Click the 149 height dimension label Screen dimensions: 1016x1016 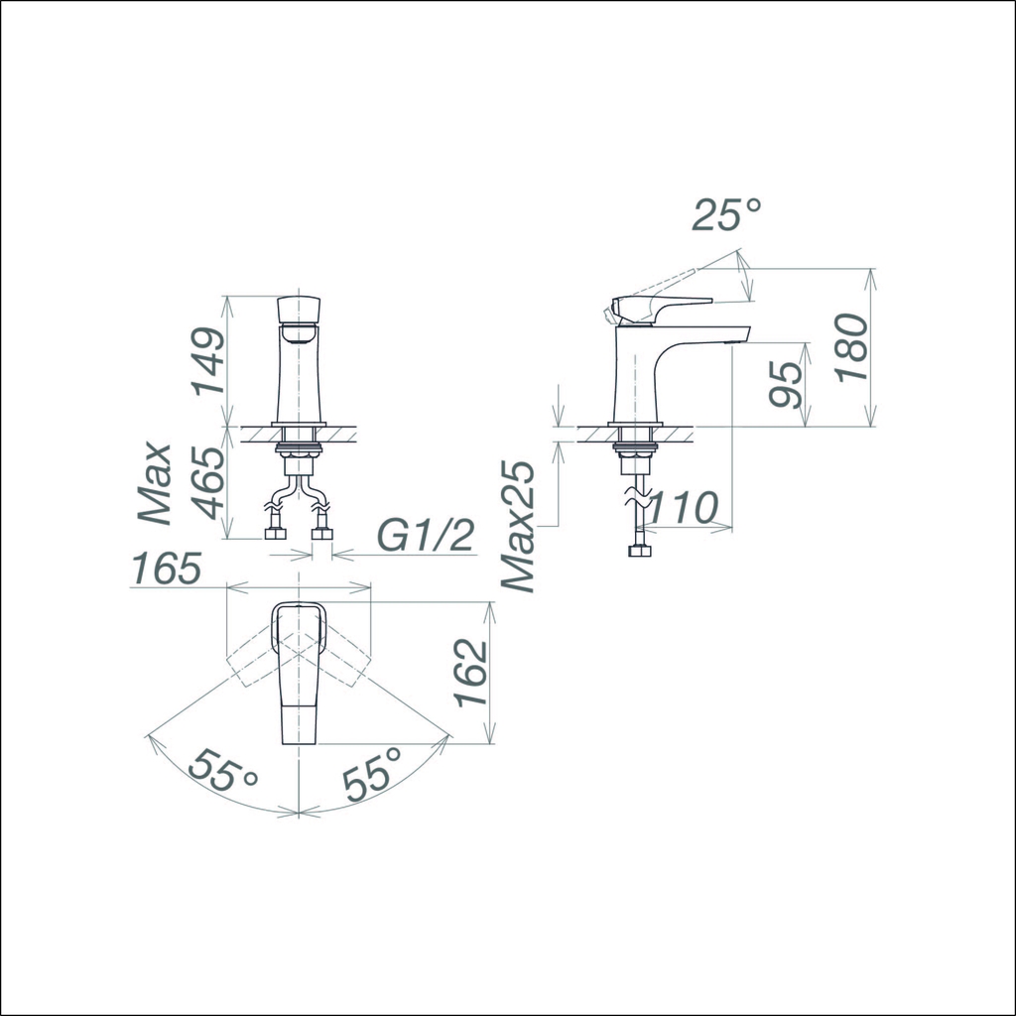tap(207, 361)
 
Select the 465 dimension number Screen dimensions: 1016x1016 tap(208, 482)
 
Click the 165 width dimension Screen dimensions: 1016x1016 tap(167, 568)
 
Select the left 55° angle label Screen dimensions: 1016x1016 tap(223, 770)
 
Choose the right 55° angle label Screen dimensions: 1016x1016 tap(372, 773)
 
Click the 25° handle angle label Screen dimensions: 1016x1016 tap(726, 214)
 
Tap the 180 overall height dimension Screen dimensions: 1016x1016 tap(851, 348)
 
